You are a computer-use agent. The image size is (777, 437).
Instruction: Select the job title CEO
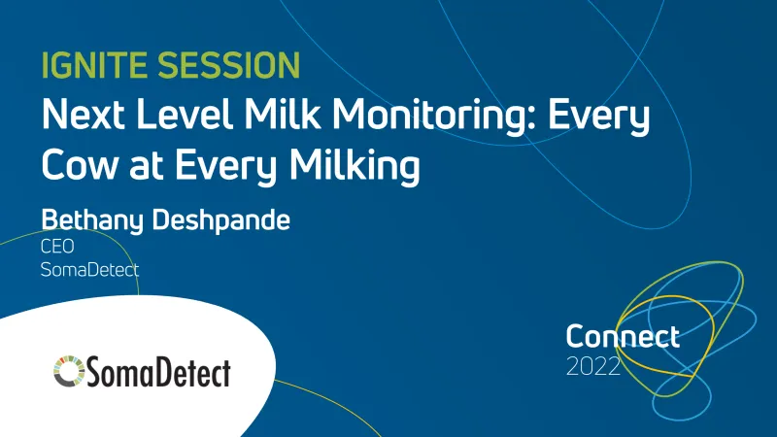click(57, 248)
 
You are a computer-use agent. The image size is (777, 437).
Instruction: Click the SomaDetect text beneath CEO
click(89, 270)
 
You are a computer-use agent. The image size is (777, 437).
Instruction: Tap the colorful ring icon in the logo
click(69, 369)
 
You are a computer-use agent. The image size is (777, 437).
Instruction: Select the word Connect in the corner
click(623, 337)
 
